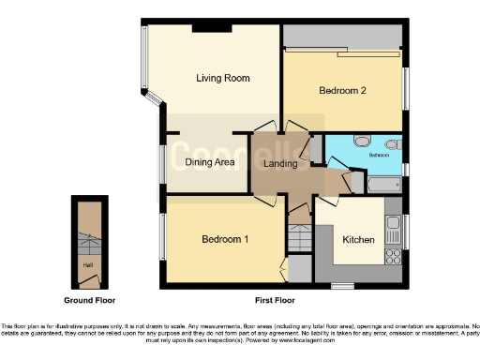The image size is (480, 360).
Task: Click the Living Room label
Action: click(x=222, y=78)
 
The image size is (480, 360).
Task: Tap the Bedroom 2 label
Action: click(x=341, y=91)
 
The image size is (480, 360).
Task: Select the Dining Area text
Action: click(x=209, y=162)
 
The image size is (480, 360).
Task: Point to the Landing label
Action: click(x=280, y=164)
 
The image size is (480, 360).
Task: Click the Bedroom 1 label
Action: click(x=225, y=239)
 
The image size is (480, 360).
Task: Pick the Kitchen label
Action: click(x=358, y=239)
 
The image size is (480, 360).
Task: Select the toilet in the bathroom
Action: click(x=393, y=144)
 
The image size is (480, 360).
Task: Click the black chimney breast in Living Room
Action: click(x=213, y=26)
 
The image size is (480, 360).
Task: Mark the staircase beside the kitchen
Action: click(x=299, y=239)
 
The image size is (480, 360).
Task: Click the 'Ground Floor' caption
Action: click(x=89, y=300)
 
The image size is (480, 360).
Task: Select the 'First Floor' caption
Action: click(x=275, y=300)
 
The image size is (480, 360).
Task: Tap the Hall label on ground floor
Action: click(x=87, y=265)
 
